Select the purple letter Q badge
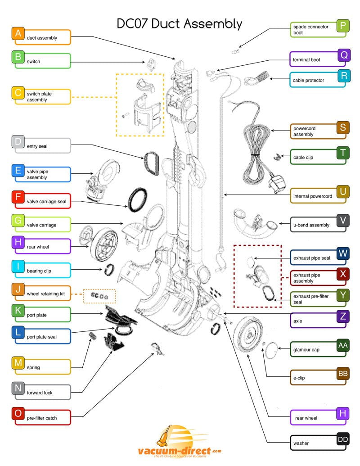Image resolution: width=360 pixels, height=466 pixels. point(343,55)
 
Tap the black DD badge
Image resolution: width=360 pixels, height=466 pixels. point(343,439)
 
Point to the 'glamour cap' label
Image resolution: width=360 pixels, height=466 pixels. point(306,350)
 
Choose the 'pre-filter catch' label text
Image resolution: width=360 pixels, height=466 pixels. point(42,418)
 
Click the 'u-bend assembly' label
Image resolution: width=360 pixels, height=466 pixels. point(311,225)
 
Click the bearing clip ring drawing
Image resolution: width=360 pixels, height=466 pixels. point(108,271)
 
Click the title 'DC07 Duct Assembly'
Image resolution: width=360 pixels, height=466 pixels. point(179,23)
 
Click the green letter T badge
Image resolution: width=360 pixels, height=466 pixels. point(343,153)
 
